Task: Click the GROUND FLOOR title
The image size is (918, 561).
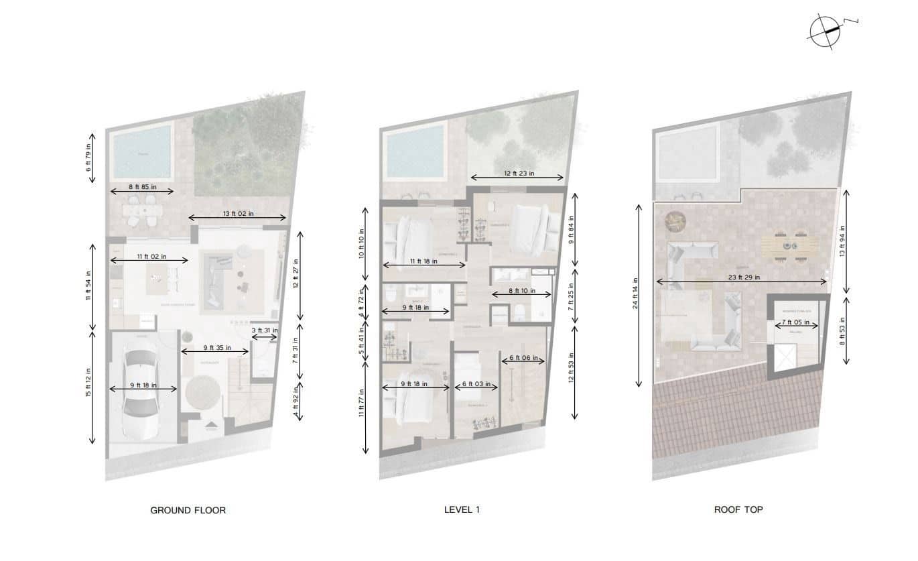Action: pyautogui.click(x=188, y=510)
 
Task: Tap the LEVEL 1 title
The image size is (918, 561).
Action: pyautogui.click(x=462, y=509)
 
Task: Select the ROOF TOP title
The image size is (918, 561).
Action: pyautogui.click(x=738, y=509)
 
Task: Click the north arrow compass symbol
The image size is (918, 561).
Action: pyautogui.click(x=826, y=32)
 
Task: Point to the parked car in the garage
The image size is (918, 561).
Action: pyautogui.click(x=141, y=386)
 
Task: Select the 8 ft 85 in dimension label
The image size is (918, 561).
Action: pyautogui.click(x=142, y=187)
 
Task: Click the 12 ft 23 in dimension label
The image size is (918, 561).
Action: pyautogui.click(x=519, y=173)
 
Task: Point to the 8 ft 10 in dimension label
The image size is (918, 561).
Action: pyautogui.click(x=521, y=292)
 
